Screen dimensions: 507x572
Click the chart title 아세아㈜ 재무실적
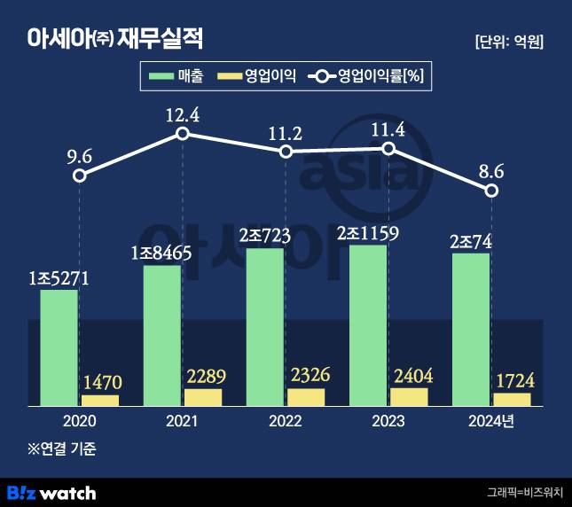[x=115, y=39]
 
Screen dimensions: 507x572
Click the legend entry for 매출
[x=177, y=77]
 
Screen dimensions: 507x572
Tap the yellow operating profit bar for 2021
[x=203, y=397]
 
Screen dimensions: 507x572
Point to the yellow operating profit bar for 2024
[x=512, y=399]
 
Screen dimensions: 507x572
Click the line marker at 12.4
[x=183, y=134]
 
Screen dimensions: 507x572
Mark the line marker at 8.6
[x=492, y=191]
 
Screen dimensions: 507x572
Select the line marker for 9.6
[x=80, y=175]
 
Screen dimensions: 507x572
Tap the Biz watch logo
[x=51, y=492]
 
